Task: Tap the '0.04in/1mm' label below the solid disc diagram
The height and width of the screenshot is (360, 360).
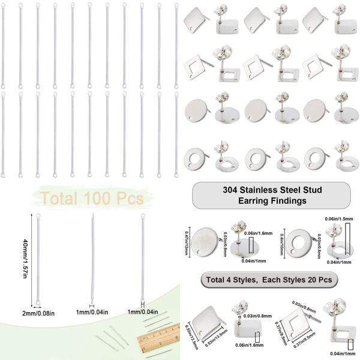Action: [254, 260]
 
